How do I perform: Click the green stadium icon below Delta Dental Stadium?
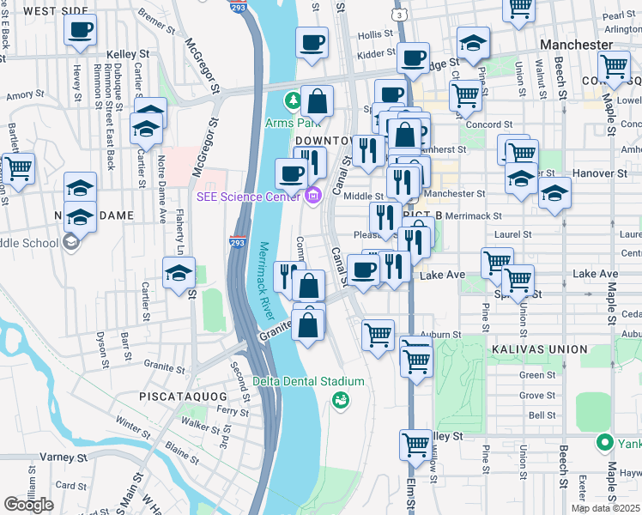(x=342, y=400)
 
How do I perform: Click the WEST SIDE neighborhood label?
(x=56, y=11)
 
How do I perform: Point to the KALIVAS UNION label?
(x=539, y=349)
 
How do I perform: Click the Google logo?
(x=28, y=504)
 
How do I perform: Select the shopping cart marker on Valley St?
(x=415, y=445)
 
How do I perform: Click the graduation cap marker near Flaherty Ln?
(x=179, y=273)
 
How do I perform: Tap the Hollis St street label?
(x=375, y=35)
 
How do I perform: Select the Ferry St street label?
(x=233, y=411)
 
